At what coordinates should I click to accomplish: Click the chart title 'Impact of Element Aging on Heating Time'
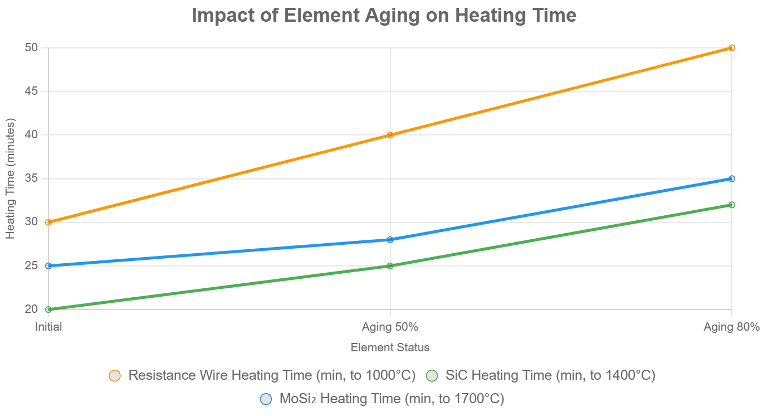(384, 15)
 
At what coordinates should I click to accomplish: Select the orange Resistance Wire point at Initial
(48, 222)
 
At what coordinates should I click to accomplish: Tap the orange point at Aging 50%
(390, 135)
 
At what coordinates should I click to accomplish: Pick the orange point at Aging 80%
(732, 48)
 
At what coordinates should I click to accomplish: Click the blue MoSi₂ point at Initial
(48, 265)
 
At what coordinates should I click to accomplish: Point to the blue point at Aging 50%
(390, 240)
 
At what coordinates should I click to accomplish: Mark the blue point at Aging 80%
(732, 178)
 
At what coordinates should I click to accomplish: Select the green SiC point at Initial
(48, 309)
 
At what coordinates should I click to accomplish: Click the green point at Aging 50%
(390, 265)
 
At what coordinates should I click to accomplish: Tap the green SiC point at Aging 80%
(732, 205)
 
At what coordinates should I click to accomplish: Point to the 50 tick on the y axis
(31, 48)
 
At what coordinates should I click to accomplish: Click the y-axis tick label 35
(31, 178)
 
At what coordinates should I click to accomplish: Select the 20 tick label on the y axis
(31, 309)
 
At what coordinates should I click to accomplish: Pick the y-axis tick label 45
(31, 91)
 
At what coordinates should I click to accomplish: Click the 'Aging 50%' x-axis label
(390, 327)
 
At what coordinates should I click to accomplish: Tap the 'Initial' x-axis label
(48, 327)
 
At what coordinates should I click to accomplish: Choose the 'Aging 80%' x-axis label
(731, 327)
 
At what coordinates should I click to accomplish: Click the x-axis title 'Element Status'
(390, 347)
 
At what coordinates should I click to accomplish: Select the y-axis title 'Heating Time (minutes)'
(11, 178)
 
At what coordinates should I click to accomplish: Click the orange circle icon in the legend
(115, 376)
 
